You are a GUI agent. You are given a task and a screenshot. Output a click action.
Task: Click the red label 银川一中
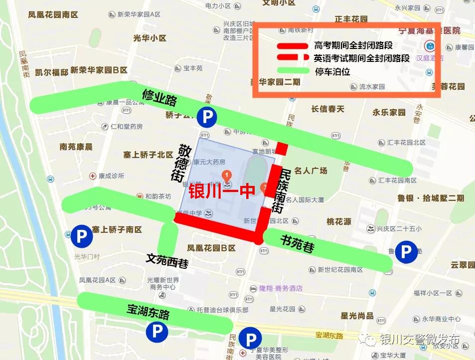[x=222, y=191]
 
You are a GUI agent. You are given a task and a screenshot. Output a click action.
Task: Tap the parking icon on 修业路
[x=207, y=117]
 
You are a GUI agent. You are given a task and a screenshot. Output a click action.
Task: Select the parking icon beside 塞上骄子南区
[x=81, y=235]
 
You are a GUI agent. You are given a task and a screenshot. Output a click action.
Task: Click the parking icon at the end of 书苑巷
[x=406, y=252]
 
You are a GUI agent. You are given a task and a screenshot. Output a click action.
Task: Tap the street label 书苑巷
[x=298, y=243]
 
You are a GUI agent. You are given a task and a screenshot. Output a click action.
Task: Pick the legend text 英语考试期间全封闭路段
[x=361, y=58]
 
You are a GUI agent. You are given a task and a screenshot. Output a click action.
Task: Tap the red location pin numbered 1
[x=227, y=175]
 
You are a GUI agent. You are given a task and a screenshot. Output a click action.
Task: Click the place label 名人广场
[x=311, y=171]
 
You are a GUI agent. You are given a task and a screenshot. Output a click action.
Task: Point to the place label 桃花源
[x=339, y=221]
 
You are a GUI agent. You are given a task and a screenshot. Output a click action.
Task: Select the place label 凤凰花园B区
[x=211, y=248]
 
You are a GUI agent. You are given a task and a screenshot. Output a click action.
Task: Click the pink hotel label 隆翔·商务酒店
[x=281, y=288]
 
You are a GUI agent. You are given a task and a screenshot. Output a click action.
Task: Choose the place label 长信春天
[x=328, y=109]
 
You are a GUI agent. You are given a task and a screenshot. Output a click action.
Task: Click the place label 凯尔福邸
[x=51, y=72]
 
